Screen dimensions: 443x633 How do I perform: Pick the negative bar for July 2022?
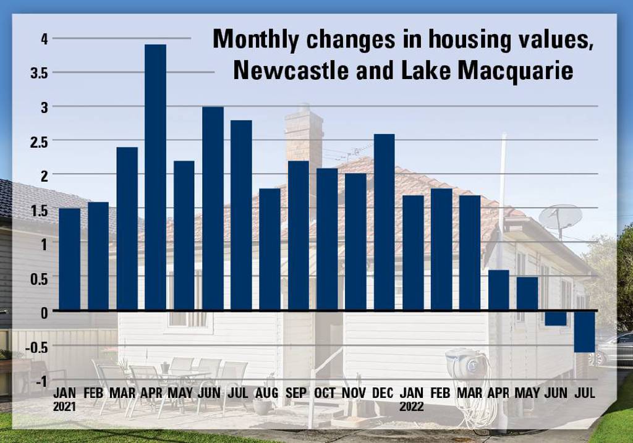pos(584,331)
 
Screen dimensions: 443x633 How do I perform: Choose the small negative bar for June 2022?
pos(555,318)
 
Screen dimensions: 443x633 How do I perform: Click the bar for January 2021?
pos(69,259)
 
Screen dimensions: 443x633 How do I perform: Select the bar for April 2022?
pos(498,290)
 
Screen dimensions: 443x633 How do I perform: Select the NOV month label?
pos(355,393)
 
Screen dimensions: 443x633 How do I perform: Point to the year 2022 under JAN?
pos(412,407)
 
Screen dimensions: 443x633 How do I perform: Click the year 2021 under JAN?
pos(65,407)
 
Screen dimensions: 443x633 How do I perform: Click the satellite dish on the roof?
pos(560,217)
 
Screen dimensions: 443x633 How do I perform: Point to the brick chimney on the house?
pos(304,133)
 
